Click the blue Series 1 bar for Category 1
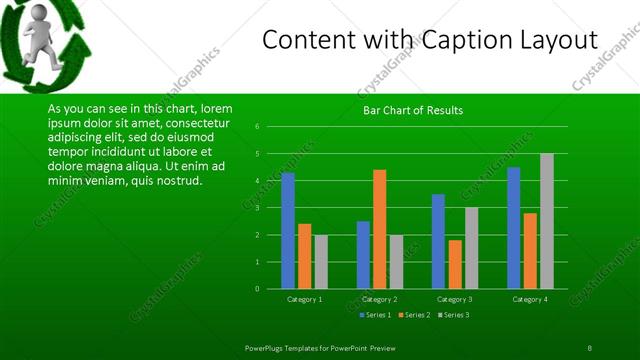[x=288, y=230]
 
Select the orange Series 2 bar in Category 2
[x=379, y=229]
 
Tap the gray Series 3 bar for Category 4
[x=546, y=221]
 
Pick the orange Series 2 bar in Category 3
[x=455, y=264]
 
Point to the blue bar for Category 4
[x=514, y=228]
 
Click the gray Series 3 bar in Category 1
[x=320, y=262]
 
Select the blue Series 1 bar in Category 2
[x=363, y=255]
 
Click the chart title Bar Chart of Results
[x=413, y=110]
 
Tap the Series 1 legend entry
[x=375, y=315]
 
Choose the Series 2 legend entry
[x=413, y=315]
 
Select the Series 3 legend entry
[x=452, y=315]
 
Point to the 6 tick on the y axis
[x=258, y=127]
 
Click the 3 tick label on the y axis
[x=258, y=208]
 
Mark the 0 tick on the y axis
[x=258, y=289]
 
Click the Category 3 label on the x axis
[x=455, y=299]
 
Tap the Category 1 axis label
[x=304, y=299]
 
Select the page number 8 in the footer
[x=589, y=347]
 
